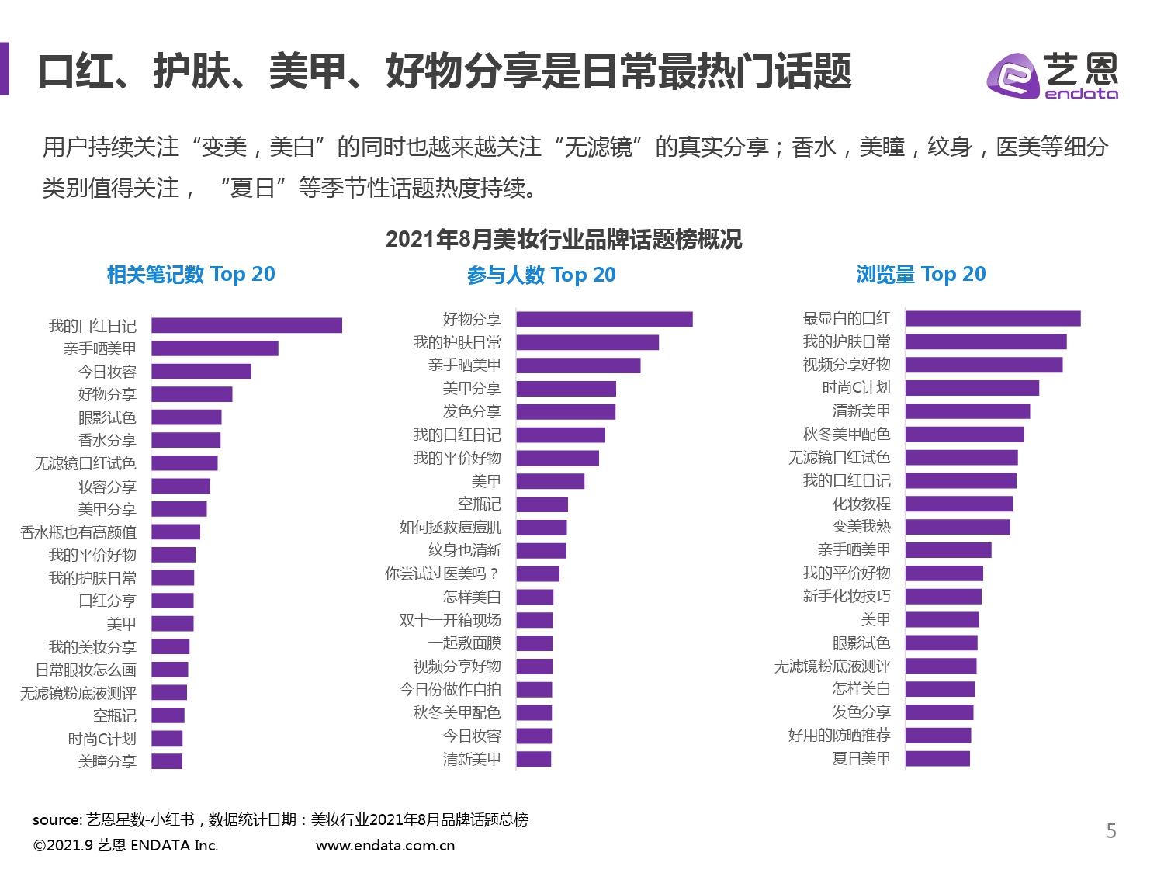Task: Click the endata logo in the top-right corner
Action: [x=1051, y=75]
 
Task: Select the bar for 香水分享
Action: [x=186, y=440]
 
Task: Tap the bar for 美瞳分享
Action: [x=167, y=761]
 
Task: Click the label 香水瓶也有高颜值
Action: [x=78, y=532]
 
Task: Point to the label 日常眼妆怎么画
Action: [x=86, y=670]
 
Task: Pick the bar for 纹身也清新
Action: [x=542, y=550]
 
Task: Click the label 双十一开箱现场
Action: [x=450, y=620]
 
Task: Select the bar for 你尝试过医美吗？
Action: [x=538, y=573]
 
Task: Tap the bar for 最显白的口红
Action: [x=993, y=318]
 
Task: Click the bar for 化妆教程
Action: [x=959, y=504]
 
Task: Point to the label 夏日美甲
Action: [x=861, y=758]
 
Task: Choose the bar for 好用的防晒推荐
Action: [x=938, y=735]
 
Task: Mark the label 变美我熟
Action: [x=861, y=526]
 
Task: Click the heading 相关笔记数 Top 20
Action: [x=191, y=274]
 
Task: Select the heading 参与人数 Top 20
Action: [x=541, y=275]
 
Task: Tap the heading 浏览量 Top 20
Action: [x=921, y=274]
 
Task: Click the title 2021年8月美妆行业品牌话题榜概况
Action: [x=563, y=239]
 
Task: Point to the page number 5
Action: [x=1111, y=831]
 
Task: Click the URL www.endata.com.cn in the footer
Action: [x=385, y=845]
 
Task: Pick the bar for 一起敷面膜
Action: [x=535, y=643]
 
